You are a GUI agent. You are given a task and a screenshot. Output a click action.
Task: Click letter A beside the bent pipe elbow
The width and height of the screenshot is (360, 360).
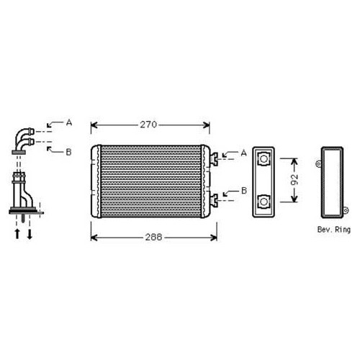tap(69, 123)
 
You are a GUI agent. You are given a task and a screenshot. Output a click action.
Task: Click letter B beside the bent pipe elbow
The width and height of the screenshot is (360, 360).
tap(69, 151)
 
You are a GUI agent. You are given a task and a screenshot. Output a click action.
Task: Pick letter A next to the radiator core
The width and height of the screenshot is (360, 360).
tap(243, 153)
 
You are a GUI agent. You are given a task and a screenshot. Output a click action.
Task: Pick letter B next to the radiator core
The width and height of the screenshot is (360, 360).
tap(243, 191)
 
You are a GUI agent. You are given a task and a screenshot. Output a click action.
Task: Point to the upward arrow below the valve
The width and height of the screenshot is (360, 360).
tap(16, 233)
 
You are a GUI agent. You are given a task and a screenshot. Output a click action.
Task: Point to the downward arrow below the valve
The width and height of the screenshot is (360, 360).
tap(30, 233)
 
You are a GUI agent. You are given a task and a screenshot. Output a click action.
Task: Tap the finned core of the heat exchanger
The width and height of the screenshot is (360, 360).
tap(151, 181)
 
